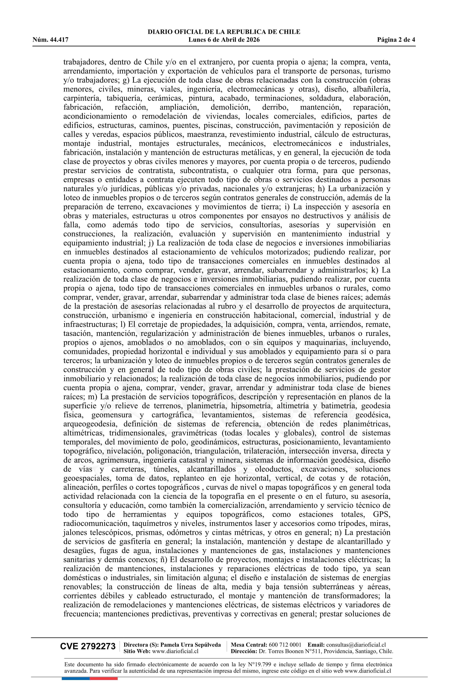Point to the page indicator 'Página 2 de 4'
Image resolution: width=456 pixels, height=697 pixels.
coord(396,40)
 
